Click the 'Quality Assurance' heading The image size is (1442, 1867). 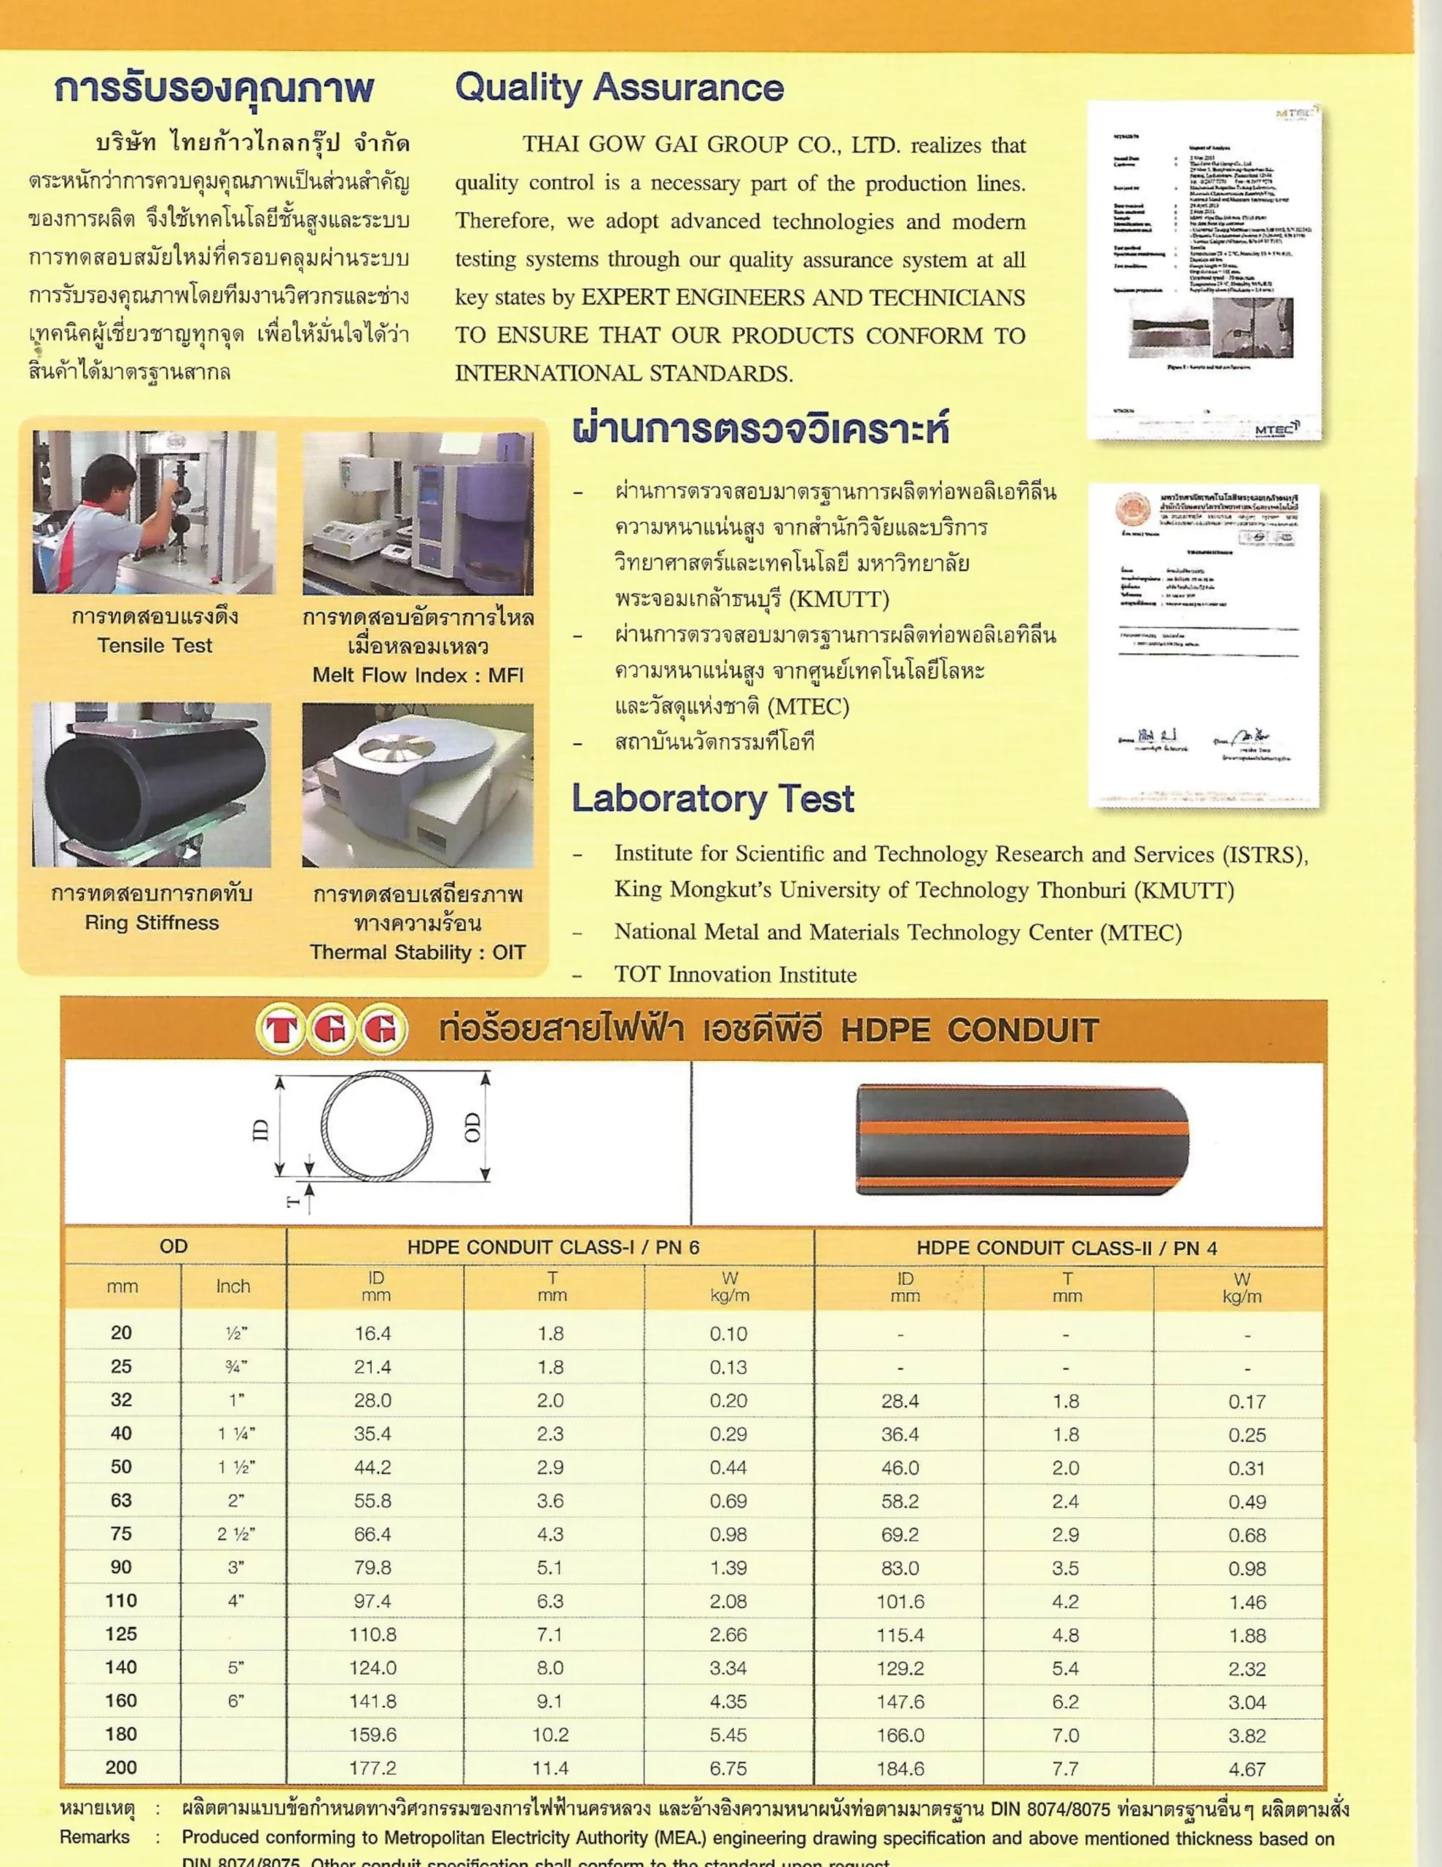point(619,88)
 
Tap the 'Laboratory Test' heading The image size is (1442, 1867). point(713,799)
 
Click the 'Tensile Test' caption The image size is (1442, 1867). point(155,646)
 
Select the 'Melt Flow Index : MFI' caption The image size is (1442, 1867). point(418,675)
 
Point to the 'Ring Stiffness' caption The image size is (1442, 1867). point(152,923)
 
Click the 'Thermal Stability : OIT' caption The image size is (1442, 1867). point(418,952)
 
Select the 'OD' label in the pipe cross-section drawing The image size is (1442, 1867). point(472,1127)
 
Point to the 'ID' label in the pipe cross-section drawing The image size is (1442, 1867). point(262,1130)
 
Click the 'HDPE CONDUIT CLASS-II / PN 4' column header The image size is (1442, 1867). point(1067,1248)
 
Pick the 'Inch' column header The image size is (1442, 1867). point(233,1286)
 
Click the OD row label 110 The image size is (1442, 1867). point(121,1600)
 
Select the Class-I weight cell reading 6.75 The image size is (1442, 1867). point(728,1768)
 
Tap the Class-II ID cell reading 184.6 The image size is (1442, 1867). point(901,1768)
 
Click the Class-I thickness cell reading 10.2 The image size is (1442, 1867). point(550,1734)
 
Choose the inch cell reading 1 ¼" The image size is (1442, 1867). point(236,1434)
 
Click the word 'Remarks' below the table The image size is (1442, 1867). point(95,1837)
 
